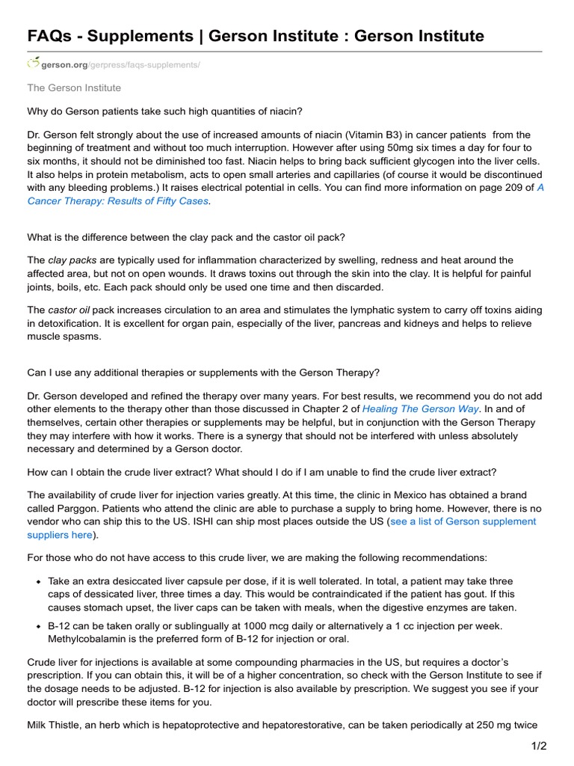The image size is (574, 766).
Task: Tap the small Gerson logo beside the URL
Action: tap(33, 63)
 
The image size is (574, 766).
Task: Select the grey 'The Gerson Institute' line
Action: tap(74, 88)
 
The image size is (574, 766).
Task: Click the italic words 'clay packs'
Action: tap(72, 260)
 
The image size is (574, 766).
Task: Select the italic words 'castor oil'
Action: tap(73, 310)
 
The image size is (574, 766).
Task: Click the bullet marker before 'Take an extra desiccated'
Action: tap(37, 581)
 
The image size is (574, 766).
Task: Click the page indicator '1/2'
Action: tap(538, 746)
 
